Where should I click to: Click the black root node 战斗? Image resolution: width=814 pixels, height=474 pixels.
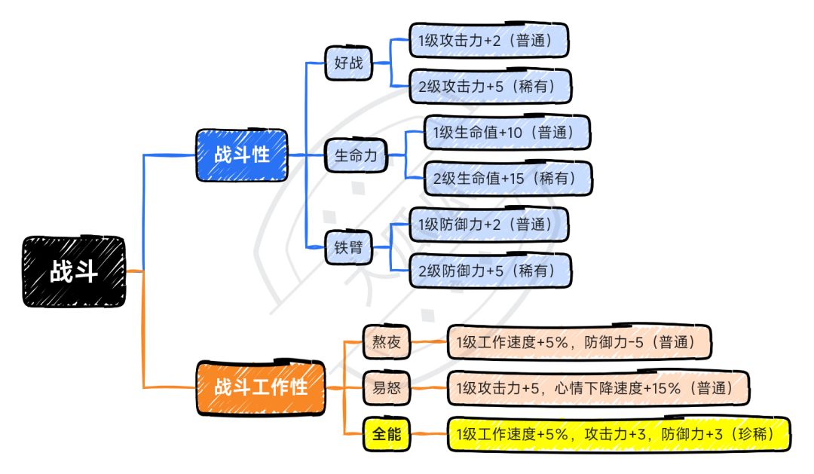click(74, 271)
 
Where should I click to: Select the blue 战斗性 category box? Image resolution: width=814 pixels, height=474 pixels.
click(241, 154)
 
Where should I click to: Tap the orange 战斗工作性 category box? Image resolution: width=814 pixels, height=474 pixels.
click(261, 387)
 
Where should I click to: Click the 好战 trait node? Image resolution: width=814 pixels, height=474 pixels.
click(348, 63)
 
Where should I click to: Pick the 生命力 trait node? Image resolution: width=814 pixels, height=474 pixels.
click(356, 155)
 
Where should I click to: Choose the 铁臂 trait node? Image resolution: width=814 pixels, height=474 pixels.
click(348, 247)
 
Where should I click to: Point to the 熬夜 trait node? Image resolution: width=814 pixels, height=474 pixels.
click(386, 341)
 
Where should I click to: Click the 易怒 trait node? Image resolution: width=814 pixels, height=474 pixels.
click(386, 388)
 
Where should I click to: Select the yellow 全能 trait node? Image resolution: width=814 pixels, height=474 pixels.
click(386, 433)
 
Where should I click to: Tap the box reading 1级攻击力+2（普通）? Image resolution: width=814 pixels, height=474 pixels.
click(488, 40)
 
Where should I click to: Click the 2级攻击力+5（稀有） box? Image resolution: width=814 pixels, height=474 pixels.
click(490, 86)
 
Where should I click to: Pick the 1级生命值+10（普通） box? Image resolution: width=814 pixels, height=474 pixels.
click(506, 133)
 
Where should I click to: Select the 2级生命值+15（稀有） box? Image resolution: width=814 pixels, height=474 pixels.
click(508, 178)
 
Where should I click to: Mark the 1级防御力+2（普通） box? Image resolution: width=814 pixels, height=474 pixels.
click(488, 225)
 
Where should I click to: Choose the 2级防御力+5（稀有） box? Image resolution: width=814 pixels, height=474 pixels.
click(490, 270)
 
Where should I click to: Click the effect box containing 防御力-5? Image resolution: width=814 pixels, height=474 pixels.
click(579, 341)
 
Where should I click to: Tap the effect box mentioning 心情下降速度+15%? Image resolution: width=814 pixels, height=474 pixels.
click(598, 388)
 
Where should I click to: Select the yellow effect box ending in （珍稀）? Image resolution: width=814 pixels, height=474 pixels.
click(618, 433)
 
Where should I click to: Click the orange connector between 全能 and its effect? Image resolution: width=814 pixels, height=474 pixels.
click(429, 433)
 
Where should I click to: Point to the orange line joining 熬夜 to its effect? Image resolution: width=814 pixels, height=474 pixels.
click(429, 341)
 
